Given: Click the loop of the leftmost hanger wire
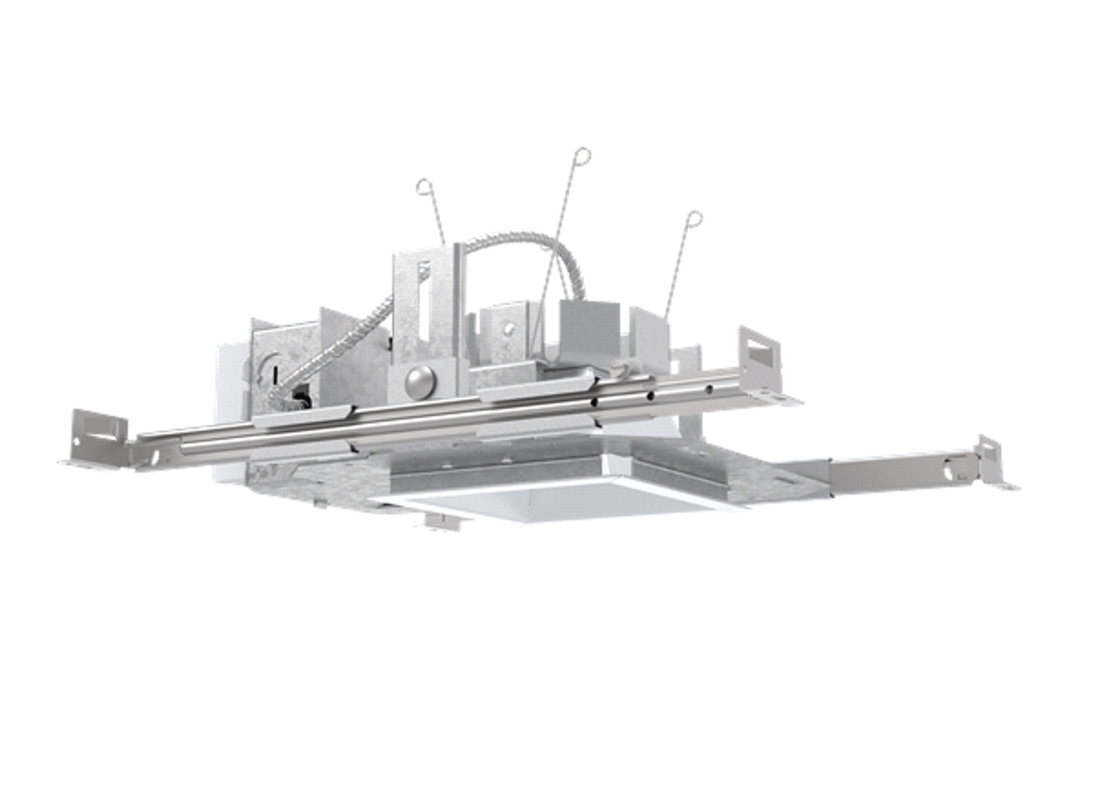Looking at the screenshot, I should point(424,186).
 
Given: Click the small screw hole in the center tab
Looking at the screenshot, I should point(509,328).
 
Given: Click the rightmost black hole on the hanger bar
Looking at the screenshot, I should point(709,390).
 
